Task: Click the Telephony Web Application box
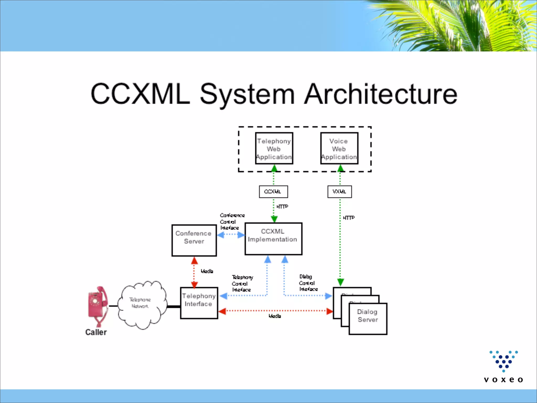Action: click(274, 149)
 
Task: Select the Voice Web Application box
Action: click(339, 149)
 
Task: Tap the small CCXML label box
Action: click(273, 192)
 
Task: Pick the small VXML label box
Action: click(339, 192)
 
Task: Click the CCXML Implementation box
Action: click(273, 238)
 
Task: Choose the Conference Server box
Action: click(194, 240)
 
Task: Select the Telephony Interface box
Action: click(199, 303)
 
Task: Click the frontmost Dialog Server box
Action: click(368, 319)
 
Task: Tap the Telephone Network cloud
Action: click(142, 304)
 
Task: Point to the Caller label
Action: click(96, 332)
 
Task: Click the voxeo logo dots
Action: click(503, 361)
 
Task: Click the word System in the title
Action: click(247, 94)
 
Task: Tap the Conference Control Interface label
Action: click(232, 221)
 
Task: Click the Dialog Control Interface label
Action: click(308, 283)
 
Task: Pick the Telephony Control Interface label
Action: click(242, 283)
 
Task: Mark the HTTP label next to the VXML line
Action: click(348, 218)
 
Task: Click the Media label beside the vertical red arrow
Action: click(207, 271)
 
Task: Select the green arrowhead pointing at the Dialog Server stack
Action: click(340, 282)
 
